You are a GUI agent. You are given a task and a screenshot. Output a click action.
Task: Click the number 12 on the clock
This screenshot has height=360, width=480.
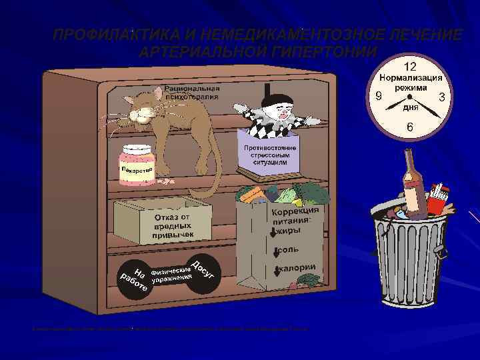click(x=409, y=67)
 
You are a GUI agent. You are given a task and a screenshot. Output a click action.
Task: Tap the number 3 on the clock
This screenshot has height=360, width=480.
click(x=441, y=97)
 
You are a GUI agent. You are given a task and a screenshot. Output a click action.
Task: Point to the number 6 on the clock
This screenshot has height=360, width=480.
click(x=409, y=127)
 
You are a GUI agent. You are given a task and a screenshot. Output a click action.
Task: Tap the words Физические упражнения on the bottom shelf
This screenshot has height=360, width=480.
click(x=172, y=273)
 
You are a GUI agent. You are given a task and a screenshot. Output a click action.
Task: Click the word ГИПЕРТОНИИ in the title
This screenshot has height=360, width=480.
click(x=319, y=52)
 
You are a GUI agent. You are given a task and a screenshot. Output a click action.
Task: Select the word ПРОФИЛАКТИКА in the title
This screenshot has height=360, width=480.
click(x=114, y=35)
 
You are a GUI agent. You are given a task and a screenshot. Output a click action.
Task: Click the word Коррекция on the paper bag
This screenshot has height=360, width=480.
click(x=295, y=211)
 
